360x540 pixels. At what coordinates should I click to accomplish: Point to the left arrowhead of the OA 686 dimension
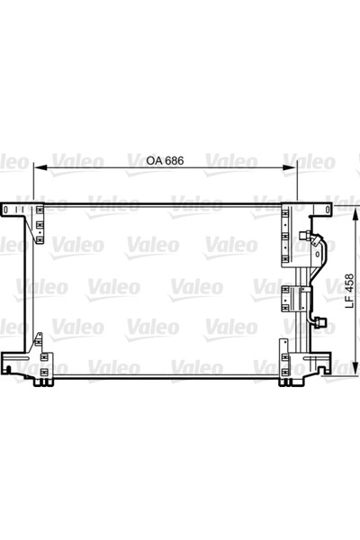[x=37, y=168]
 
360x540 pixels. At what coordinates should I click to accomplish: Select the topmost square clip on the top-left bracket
[x=40, y=212]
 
